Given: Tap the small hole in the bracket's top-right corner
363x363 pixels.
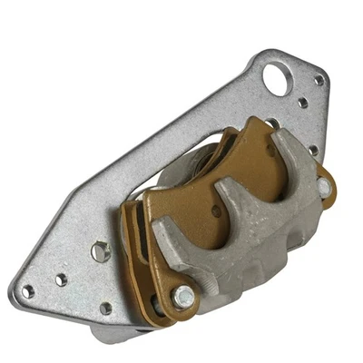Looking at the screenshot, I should pos(319,80).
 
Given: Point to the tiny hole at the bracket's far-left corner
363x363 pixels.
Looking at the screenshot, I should pos(28,292).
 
